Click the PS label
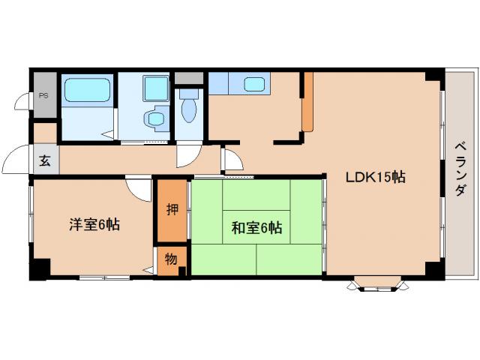click(x=44, y=95)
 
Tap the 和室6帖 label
click(x=256, y=228)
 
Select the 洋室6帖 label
click(x=93, y=223)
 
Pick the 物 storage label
click(x=171, y=259)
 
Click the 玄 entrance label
click(x=44, y=160)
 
